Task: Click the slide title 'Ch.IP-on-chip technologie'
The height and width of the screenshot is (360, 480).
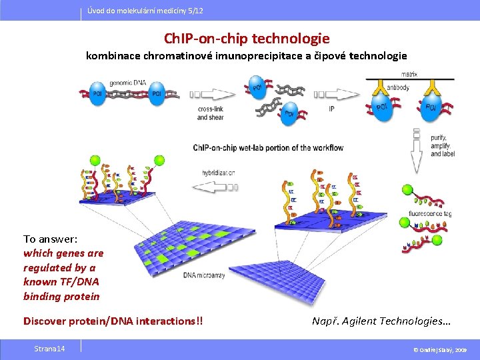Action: click(247, 39)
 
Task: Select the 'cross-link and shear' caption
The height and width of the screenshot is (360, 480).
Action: click(211, 113)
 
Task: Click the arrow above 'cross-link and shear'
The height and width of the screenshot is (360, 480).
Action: click(210, 94)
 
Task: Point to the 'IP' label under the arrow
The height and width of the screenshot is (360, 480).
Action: click(331, 109)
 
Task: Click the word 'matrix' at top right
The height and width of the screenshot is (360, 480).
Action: click(409, 74)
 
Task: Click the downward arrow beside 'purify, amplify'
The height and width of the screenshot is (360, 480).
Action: click(417, 151)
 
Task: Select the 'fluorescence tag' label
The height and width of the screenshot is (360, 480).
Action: click(429, 214)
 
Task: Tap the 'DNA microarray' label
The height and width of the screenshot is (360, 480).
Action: click(204, 275)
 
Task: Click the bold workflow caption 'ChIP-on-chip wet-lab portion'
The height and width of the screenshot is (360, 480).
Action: click(268, 147)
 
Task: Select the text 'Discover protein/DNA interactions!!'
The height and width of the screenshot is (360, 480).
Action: click(113, 321)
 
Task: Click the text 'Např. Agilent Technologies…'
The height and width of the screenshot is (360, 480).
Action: click(381, 321)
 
